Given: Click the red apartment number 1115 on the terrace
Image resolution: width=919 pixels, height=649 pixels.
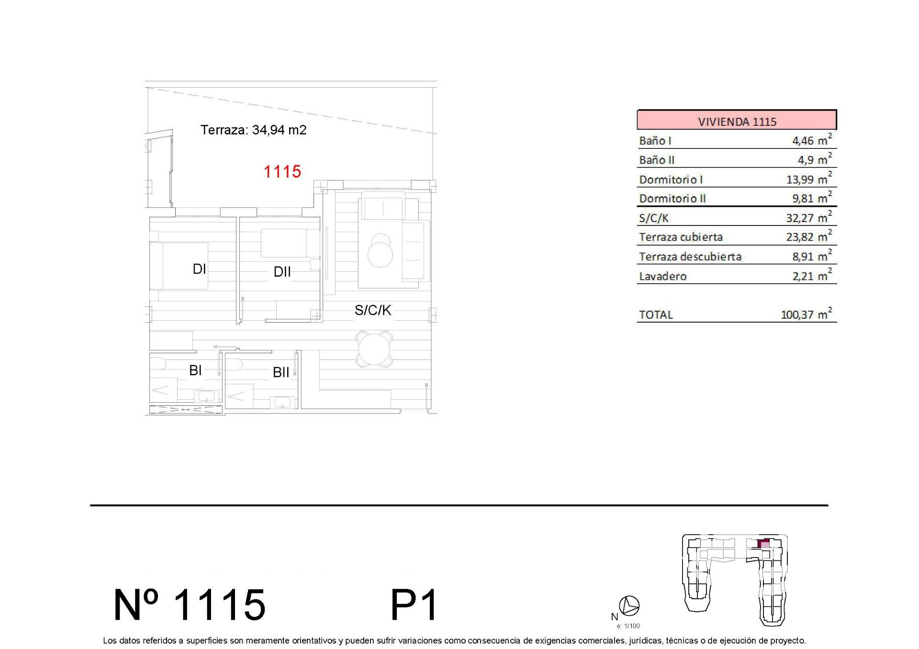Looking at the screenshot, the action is (282, 171).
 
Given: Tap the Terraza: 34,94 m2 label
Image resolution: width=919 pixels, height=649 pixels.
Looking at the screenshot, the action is (253, 130).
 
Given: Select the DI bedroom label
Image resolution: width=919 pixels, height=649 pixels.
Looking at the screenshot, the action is (200, 269).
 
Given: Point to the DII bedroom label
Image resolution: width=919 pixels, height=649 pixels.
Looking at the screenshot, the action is (282, 272).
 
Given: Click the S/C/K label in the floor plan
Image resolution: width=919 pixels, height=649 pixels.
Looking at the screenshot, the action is (373, 310).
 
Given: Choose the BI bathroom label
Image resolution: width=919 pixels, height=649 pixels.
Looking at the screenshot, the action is (195, 370).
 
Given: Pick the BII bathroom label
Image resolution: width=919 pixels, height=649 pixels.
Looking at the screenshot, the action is (281, 372).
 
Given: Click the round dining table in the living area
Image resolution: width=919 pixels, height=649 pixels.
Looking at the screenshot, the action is (374, 349).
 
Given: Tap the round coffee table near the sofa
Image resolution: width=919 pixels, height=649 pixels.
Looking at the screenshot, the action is (380, 252).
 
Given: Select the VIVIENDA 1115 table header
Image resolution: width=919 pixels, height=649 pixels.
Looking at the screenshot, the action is (737, 121).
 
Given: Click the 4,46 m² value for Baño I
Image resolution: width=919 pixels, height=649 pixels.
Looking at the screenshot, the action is (812, 140).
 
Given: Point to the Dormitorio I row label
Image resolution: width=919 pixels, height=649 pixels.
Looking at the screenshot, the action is (671, 179).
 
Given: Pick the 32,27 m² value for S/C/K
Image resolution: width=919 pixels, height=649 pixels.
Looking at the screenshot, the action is (809, 217).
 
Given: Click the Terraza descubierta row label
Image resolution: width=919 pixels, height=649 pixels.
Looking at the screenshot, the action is (690, 257).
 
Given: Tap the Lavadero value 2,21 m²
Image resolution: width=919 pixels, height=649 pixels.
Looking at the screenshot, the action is (812, 275).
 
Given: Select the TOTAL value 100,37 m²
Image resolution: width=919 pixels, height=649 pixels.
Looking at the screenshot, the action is (807, 314).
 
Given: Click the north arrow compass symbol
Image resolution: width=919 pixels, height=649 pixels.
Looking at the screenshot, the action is (629, 605).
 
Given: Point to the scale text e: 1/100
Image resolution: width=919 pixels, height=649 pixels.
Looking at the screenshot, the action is (628, 626).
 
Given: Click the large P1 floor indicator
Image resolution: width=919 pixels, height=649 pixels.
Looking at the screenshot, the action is (414, 605).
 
